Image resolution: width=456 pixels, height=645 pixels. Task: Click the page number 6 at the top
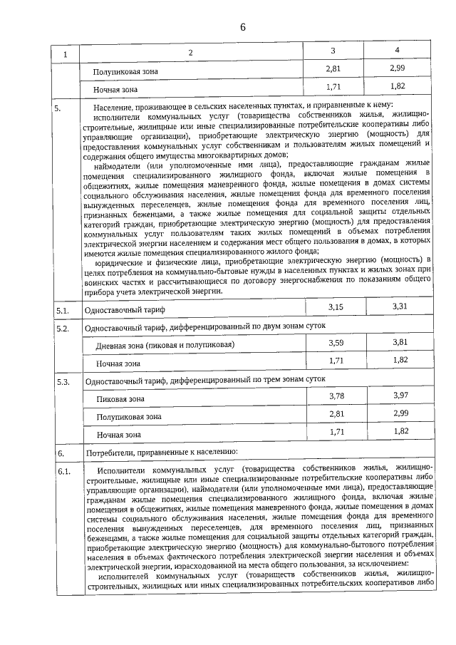pos(242,28)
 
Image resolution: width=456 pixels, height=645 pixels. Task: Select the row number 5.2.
pos(62,329)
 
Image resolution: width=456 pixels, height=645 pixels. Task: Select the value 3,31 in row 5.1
pos(400,306)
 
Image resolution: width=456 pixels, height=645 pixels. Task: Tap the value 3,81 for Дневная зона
pos(400,342)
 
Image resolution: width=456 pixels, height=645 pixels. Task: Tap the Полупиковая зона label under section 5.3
pos(127,416)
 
